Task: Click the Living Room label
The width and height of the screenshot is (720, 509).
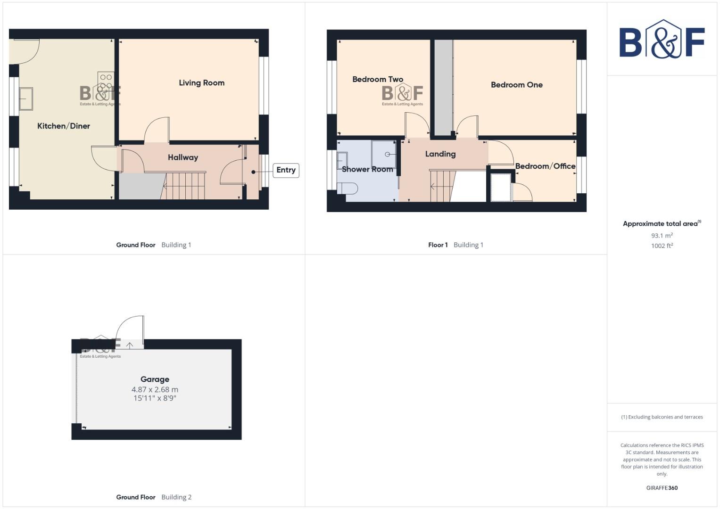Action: tap(201, 83)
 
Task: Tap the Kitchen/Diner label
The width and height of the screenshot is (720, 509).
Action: tap(64, 126)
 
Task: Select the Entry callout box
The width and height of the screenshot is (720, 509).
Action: tap(286, 170)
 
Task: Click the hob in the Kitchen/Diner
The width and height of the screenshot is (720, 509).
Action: tap(106, 82)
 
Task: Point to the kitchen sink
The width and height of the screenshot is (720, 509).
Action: tap(25, 99)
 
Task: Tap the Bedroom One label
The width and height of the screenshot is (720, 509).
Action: tap(516, 85)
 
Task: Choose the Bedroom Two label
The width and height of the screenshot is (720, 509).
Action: tap(378, 79)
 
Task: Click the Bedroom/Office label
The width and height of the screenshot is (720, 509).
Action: tap(545, 166)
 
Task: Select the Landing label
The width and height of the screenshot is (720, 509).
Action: tap(440, 154)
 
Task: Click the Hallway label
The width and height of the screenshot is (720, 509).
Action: tap(183, 157)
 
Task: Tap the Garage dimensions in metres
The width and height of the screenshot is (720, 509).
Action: tap(155, 390)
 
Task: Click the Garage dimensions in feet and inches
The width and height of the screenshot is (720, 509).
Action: tap(155, 398)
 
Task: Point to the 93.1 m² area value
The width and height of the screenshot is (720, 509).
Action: tap(662, 236)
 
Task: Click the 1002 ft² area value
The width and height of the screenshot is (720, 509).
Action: tap(662, 246)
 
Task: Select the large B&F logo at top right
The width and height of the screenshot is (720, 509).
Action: tap(662, 40)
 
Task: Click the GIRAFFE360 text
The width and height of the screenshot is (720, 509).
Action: tap(662, 488)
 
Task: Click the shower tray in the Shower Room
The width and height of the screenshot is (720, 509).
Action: tap(384, 154)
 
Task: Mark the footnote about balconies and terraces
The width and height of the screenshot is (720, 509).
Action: tap(662, 417)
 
